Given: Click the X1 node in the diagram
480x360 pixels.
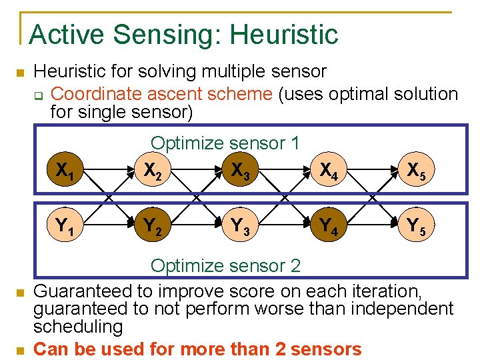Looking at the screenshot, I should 65,172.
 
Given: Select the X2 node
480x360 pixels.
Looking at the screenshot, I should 153,172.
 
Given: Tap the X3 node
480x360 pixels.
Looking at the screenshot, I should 239,172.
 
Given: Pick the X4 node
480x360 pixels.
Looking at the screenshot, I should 327,172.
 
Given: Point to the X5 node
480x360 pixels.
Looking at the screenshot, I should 416,172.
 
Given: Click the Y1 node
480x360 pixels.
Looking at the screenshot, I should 65,227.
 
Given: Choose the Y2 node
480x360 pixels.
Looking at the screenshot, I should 153,227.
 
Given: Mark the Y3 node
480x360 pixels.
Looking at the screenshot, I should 239,227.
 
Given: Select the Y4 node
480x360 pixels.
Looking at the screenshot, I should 327,227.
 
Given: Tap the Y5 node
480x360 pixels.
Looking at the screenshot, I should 416,227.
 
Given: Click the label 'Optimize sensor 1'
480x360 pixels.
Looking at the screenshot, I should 225,143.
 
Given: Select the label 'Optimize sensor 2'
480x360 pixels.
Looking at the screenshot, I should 225,266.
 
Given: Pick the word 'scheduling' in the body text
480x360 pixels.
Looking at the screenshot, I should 78,327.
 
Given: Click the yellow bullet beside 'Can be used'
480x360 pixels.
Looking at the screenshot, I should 20,350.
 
